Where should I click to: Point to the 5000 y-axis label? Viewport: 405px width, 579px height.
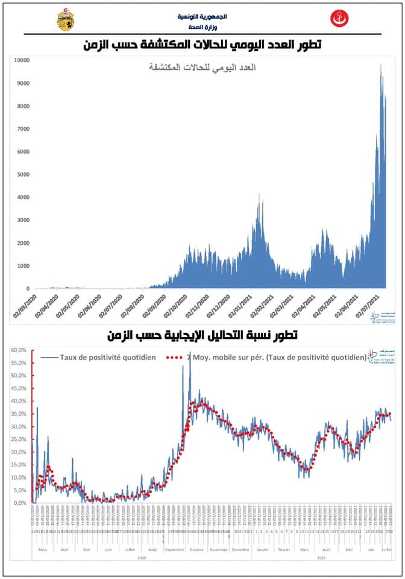tap(23, 174)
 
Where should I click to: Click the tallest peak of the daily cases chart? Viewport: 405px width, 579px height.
tap(380, 65)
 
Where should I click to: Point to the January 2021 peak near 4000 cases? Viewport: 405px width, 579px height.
tap(259, 195)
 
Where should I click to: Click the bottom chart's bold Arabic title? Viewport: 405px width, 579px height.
tap(202, 334)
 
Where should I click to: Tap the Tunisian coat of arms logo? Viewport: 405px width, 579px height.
tap(65, 21)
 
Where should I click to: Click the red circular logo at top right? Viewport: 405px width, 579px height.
tap(339, 19)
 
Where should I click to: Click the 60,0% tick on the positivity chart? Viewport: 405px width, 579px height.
tap(19, 350)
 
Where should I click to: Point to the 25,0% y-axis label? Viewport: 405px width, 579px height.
tap(19, 439)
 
